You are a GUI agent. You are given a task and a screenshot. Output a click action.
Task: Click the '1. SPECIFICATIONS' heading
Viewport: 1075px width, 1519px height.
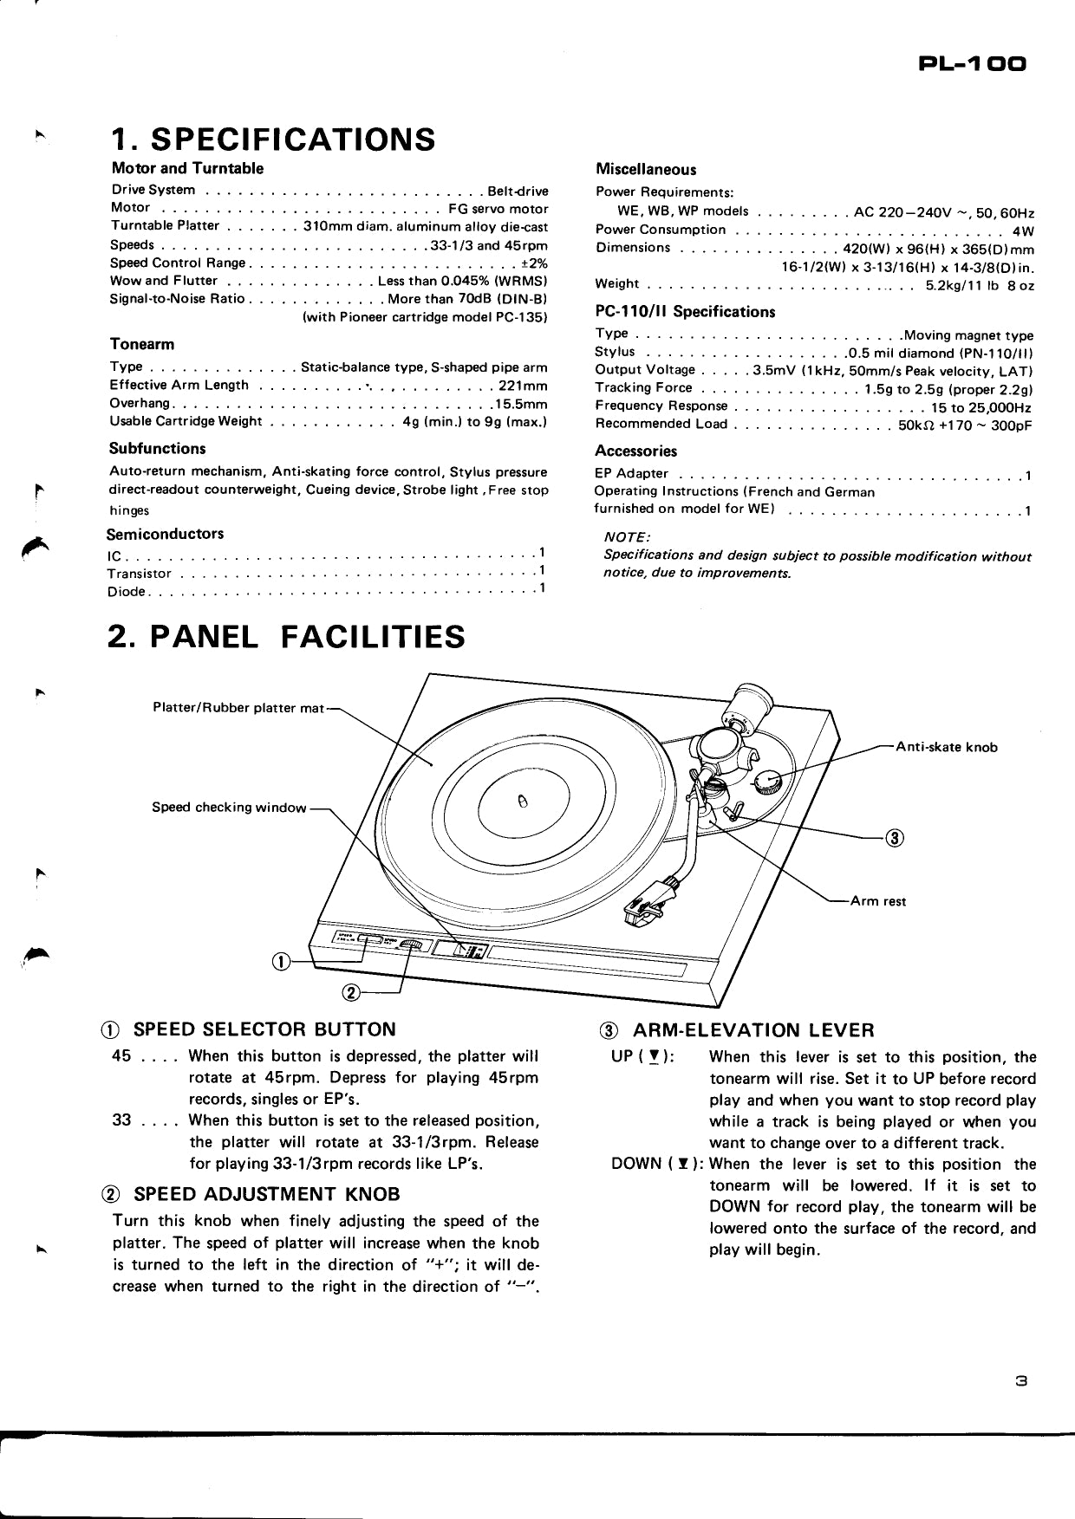(273, 139)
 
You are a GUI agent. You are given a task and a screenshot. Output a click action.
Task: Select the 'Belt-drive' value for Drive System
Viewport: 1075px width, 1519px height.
(518, 191)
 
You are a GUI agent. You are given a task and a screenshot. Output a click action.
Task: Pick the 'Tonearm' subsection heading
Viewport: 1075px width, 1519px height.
(142, 344)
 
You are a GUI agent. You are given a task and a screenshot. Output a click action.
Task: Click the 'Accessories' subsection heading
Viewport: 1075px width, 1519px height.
(635, 451)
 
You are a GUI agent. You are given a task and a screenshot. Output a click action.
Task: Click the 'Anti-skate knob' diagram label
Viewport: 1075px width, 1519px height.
(946, 747)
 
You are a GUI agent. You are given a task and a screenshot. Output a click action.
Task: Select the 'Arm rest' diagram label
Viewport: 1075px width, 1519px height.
(877, 901)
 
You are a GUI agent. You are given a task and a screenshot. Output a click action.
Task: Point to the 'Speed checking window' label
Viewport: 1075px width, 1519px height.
(229, 807)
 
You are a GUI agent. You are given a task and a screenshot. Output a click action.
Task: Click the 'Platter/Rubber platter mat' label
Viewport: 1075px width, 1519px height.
(238, 708)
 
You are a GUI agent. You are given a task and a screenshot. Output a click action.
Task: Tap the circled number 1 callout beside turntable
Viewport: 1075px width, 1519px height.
(280, 960)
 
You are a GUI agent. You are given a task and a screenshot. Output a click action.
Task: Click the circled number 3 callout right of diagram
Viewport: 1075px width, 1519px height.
(895, 837)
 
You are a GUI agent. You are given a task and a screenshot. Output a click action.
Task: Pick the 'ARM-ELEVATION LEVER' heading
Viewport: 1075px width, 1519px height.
(752, 1030)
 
